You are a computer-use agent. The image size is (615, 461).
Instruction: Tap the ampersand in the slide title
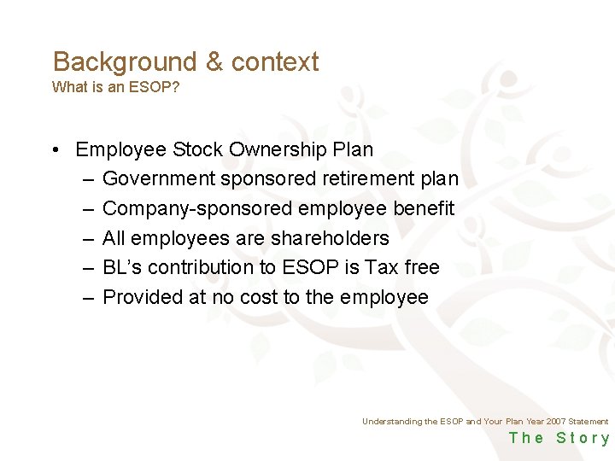click(x=214, y=62)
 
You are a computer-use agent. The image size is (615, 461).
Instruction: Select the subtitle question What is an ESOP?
click(x=115, y=87)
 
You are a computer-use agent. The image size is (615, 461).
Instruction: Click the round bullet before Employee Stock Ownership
click(x=54, y=150)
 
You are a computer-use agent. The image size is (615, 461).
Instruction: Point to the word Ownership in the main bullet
click(x=276, y=149)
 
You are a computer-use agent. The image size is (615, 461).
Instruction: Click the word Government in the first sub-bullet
click(x=159, y=179)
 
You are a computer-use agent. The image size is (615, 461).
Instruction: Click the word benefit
click(x=425, y=208)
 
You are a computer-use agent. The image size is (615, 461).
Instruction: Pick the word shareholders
click(x=330, y=238)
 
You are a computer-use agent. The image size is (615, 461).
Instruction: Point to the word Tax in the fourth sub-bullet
click(x=382, y=267)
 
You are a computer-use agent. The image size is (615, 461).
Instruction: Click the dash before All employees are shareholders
click(x=89, y=238)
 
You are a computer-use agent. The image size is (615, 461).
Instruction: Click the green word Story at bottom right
click(x=583, y=438)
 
